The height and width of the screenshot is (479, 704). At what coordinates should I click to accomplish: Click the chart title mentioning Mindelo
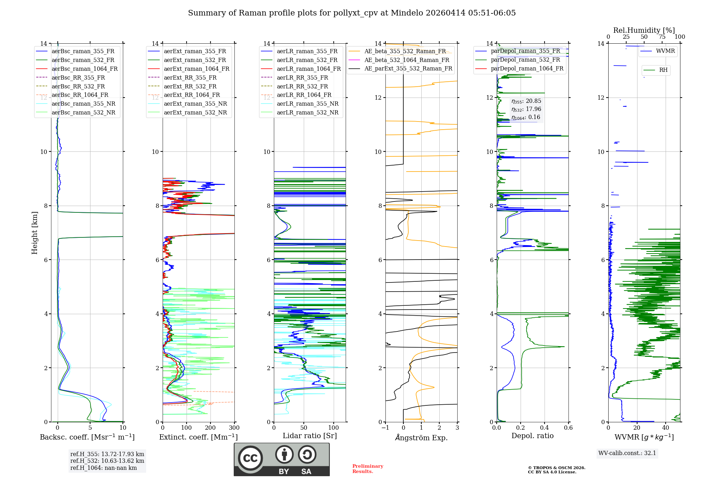coord(352,13)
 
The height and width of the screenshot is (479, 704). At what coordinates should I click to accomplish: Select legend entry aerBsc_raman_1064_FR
coord(84,69)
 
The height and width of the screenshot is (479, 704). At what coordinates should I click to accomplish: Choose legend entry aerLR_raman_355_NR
coord(307,104)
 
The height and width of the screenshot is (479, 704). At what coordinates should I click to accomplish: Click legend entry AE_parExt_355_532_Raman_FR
coord(408,68)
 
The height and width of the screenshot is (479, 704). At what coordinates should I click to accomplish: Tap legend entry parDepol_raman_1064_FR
coord(527,68)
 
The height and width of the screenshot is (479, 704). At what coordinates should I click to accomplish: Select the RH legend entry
coord(663,70)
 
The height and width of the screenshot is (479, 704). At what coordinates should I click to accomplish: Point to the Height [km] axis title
coord(34,233)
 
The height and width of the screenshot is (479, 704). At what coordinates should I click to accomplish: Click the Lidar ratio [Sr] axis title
coord(310,436)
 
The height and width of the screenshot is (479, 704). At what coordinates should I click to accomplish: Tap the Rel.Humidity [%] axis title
coord(644,30)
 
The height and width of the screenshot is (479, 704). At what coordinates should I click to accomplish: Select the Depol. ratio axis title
coord(532,436)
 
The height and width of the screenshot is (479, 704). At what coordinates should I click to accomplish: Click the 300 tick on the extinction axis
coord(234,428)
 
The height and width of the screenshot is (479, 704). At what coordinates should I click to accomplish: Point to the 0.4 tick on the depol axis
coord(545,428)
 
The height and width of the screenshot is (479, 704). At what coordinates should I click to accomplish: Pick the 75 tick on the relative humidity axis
coord(662,37)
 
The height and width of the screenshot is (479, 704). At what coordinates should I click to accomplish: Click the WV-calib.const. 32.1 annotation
coord(627,453)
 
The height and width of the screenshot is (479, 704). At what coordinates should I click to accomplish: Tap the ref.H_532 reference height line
coord(107,461)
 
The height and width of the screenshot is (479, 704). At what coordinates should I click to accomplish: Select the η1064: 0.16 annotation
coord(526,117)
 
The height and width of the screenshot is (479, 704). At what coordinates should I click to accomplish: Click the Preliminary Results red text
coord(367,468)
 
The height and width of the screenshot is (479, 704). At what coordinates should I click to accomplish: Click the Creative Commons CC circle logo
coord(250,458)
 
